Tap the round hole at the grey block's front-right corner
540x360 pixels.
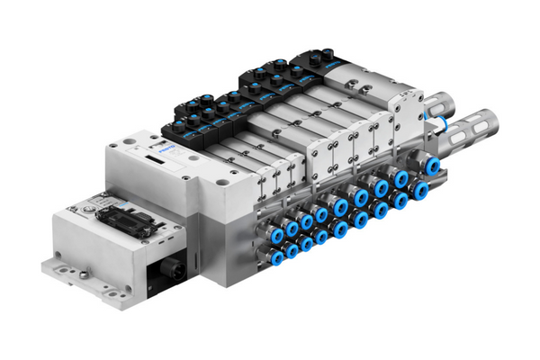(x=221, y=179)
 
